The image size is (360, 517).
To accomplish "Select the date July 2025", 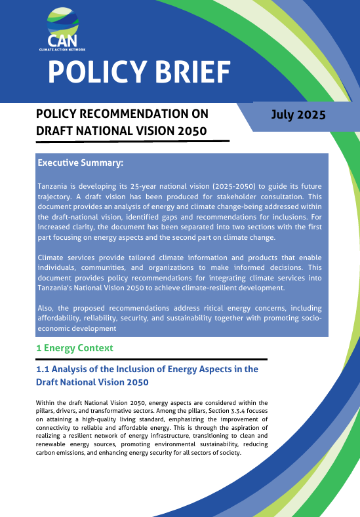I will tap(298, 115).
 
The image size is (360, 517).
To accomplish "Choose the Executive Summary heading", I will tap(81, 163).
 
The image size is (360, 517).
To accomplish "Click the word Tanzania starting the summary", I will tap(55, 187).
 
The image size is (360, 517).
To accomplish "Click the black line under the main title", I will tap(132, 141).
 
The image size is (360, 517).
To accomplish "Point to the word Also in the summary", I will tap(47, 308).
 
